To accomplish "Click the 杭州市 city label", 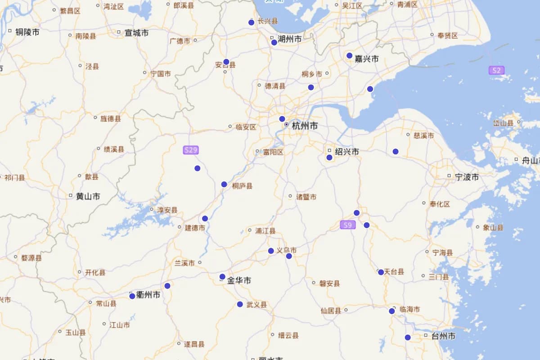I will tap(305, 126).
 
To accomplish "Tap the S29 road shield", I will tap(191, 150).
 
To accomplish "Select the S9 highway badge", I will tap(348, 225).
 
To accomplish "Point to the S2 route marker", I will tap(496, 70).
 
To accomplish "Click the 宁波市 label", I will tap(467, 177).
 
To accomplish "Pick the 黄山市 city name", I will tap(88, 196).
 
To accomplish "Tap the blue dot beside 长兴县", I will tap(252, 22).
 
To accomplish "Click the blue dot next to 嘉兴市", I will tap(350, 56).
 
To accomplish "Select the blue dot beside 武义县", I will tap(240, 305).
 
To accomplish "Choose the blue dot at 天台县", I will tap(381, 272).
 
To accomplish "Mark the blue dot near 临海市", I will tap(392, 311).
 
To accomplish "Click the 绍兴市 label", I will tap(347, 152).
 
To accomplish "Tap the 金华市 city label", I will tap(239, 280).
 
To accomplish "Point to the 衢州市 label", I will tap(148, 295).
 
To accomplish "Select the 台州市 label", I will tap(443, 336).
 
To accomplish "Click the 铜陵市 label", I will tap(27, 32).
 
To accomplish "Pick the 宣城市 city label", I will tap(137, 33).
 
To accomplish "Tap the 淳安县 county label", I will tap(167, 210).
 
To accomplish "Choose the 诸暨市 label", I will tap(306, 197).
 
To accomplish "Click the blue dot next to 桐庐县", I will tap(224, 184).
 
